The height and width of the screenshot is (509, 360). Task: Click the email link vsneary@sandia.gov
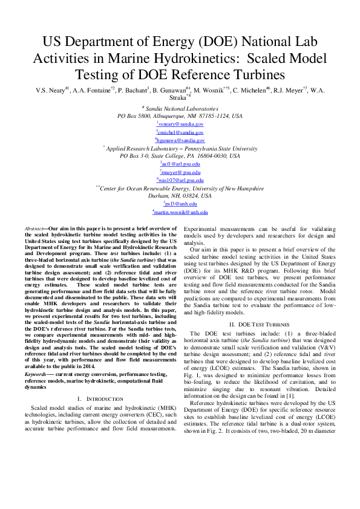coord(180,123)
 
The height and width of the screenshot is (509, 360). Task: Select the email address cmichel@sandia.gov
coord(180,132)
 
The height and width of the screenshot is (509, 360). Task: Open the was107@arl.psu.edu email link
coord(180,180)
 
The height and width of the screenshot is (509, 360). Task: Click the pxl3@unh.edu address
coord(180,204)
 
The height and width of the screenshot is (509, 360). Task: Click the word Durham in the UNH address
coord(158,196)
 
